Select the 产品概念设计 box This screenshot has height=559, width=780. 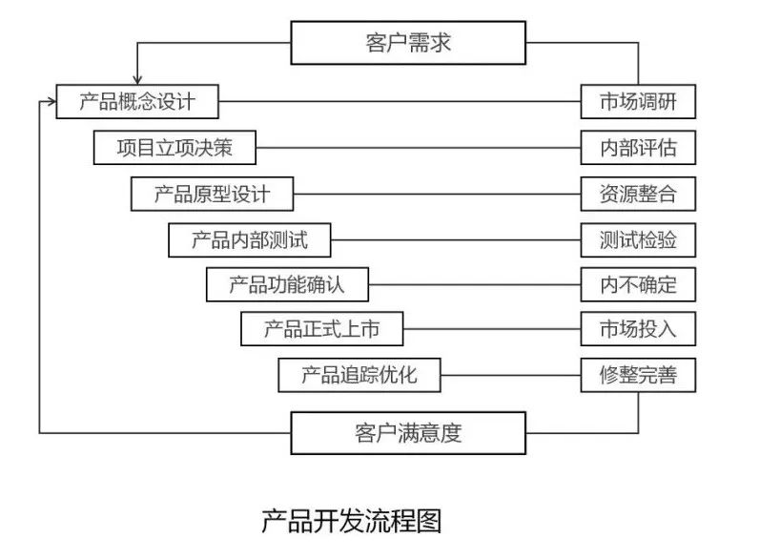pos(137,101)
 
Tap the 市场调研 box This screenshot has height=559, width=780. pos(638,101)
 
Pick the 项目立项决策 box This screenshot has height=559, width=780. pos(174,148)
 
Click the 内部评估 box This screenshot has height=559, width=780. pos(638,148)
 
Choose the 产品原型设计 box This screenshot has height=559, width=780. pos(212,194)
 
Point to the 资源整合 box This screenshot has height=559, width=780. pos(638,194)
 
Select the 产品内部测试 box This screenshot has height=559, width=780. pos(250,239)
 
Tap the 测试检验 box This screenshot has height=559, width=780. pos(638,239)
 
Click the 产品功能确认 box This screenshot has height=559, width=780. pos(287,284)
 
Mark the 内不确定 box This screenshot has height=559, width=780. pos(638,284)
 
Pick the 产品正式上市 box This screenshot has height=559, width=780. pos(322,329)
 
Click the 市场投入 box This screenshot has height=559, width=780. pos(638,329)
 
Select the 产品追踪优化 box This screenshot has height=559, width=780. pos(359,375)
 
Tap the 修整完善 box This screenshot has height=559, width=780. pos(638,375)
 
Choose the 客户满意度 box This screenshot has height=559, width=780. pos(407,433)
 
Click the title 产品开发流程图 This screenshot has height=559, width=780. pos(351,521)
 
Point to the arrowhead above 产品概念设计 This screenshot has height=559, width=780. pos(138,79)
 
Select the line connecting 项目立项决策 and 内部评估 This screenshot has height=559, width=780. pos(420,148)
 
